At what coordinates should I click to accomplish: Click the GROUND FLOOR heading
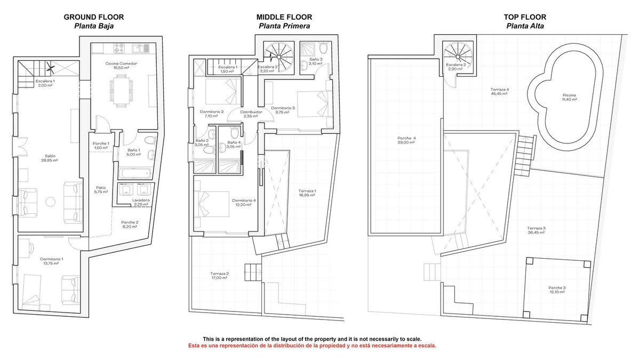point(94,17)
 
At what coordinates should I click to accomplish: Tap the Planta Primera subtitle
point(284,26)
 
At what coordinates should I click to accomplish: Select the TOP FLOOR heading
point(525,17)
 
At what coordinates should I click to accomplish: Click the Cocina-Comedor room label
point(121,63)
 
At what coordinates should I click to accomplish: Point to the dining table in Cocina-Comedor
point(122,91)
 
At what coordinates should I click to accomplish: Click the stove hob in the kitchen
point(119,48)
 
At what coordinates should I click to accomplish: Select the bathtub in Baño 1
point(135,173)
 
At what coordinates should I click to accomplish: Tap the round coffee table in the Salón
point(51,202)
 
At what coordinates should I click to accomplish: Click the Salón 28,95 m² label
point(50,158)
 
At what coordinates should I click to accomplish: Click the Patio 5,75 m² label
point(101,190)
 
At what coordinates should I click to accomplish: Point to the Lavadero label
point(141,201)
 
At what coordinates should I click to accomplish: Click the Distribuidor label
point(251,112)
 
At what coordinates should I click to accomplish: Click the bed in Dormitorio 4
point(212,204)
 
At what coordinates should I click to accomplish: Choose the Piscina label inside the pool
point(570,95)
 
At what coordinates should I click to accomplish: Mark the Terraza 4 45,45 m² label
point(499,91)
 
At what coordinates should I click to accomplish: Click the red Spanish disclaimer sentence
point(312,346)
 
